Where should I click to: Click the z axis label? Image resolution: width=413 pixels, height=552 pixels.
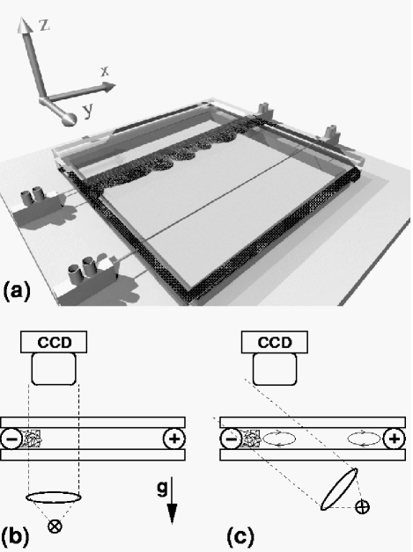click(x=43, y=25)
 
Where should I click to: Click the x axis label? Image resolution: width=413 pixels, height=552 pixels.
click(x=105, y=71)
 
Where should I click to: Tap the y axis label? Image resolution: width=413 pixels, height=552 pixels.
click(x=88, y=111)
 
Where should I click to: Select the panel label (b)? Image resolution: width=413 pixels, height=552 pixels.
click(x=15, y=536)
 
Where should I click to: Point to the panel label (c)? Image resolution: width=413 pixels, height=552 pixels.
click(x=240, y=536)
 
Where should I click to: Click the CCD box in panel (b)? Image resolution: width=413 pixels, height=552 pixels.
click(x=54, y=342)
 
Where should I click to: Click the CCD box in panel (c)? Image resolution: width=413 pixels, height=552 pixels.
click(x=275, y=342)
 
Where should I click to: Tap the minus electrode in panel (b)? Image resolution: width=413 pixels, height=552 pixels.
click(x=11, y=439)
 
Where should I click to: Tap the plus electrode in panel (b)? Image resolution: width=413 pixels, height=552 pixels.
click(x=174, y=439)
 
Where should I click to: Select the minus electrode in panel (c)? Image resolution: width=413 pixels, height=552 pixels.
click(x=231, y=439)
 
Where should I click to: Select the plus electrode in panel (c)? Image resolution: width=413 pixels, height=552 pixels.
click(x=394, y=439)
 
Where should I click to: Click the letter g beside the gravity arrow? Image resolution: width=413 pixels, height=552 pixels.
click(x=162, y=489)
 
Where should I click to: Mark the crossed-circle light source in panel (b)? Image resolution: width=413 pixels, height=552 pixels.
click(x=55, y=527)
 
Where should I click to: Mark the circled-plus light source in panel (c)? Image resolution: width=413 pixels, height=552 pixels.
click(x=362, y=507)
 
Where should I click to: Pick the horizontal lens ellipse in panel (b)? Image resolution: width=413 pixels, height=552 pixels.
click(x=54, y=497)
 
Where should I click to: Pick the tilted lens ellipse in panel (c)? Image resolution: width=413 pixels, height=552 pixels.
click(x=339, y=489)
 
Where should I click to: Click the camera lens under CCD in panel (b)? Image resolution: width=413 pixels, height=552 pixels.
click(x=54, y=369)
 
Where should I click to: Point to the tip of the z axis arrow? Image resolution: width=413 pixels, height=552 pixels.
click(x=23, y=17)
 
